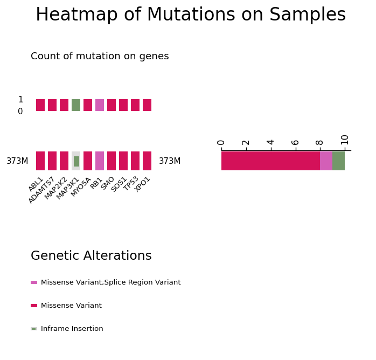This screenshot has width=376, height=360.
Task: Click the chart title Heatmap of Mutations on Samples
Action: (191, 15)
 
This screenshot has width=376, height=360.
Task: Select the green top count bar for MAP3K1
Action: (76, 105)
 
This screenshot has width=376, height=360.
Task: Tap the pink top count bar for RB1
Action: (100, 105)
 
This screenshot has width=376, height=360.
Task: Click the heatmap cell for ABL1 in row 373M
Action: (40, 161)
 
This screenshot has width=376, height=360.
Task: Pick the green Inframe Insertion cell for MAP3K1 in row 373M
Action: (76, 161)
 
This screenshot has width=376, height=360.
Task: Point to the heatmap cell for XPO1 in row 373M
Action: (147, 161)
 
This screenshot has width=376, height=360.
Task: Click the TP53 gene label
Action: (131, 183)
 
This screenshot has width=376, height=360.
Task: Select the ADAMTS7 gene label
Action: (41, 190)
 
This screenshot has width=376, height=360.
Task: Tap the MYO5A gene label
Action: (81, 187)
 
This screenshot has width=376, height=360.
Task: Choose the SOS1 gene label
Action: (119, 184)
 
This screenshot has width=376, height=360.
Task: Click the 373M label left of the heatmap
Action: (17, 161)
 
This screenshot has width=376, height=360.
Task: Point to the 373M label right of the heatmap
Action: (170, 161)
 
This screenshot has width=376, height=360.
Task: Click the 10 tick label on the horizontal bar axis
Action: (345, 140)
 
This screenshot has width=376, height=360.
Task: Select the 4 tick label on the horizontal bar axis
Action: (270, 142)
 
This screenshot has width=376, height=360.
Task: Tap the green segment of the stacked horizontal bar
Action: (338, 161)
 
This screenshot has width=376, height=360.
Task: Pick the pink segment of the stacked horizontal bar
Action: (326, 161)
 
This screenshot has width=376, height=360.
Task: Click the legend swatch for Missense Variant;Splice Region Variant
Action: (34, 282)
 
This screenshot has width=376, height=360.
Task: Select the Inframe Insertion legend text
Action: (72, 329)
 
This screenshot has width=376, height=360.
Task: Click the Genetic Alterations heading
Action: (91, 255)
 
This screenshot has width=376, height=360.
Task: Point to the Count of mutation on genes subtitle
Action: (100, 56)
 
